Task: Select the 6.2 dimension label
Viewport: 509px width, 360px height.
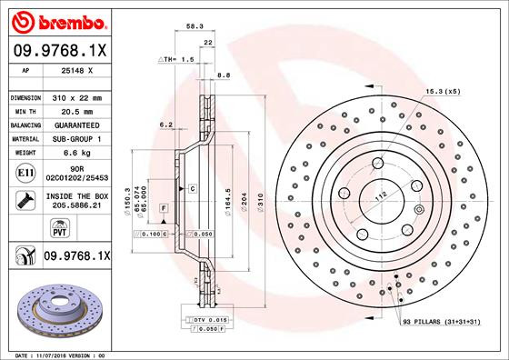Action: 166,124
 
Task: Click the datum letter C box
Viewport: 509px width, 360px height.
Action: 194,187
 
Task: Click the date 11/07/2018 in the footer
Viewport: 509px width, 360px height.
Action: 56,355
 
